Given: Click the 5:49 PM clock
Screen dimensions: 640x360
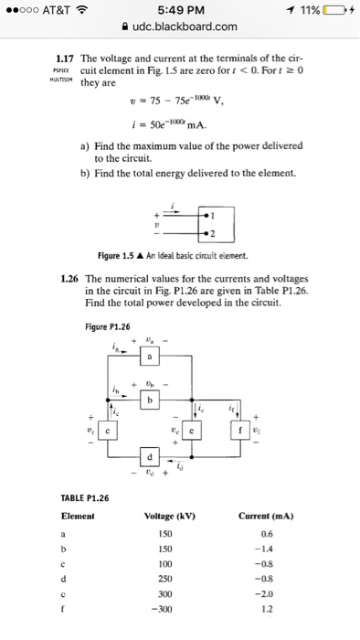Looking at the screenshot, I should tap(179, 10).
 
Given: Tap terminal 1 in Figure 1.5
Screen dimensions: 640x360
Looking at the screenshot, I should tap(211, 217).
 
